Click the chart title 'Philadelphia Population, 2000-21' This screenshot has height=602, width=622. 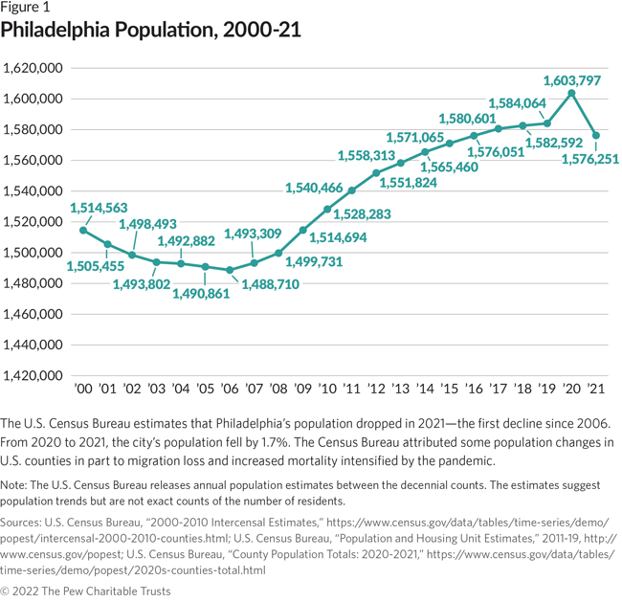click(x=151, y=31)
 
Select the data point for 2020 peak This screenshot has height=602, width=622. click(x=571, y=93)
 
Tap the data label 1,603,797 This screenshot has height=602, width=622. click(x=571, y=80)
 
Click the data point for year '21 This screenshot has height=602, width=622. click(x=595, y=135)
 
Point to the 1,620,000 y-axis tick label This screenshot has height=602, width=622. click(x=34, y=69)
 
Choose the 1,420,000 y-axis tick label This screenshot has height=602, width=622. click(x=34, y=375)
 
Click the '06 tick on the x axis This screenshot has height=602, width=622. click(x=230, y=390)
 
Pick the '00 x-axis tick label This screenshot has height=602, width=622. click(x=83, y=390)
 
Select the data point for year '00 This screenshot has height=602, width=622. click(x=83, y=230)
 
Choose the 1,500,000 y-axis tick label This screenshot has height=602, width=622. click(x=34, y=253)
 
